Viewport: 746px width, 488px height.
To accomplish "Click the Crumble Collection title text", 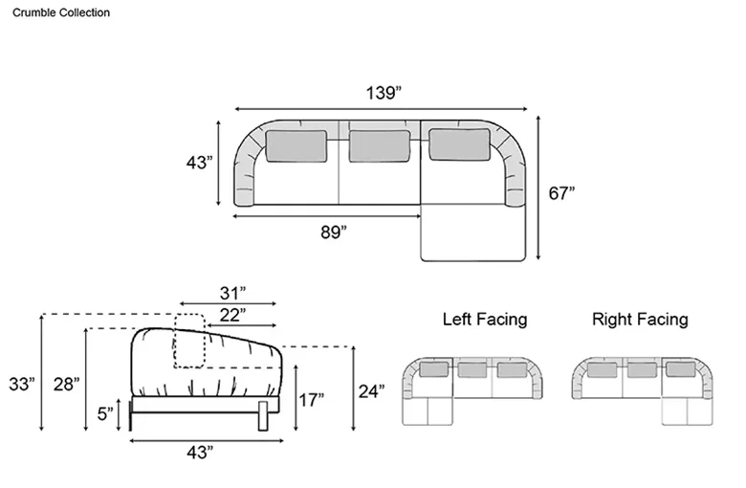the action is point(61,12).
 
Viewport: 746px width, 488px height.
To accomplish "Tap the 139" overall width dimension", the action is point(384,93).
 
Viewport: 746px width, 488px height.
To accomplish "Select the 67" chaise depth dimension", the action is point(561,193).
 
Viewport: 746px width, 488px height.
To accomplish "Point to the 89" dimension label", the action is point(334,233).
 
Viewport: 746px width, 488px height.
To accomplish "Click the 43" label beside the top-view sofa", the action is point(199,163).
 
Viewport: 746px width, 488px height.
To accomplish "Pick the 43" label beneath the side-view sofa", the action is point(200,453).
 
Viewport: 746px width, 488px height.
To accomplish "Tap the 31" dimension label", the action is point(232,293).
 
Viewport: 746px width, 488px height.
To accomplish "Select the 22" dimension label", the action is point(232,315).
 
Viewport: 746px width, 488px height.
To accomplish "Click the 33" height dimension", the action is point(22,385).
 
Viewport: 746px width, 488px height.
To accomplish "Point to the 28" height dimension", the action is point(66,385).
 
